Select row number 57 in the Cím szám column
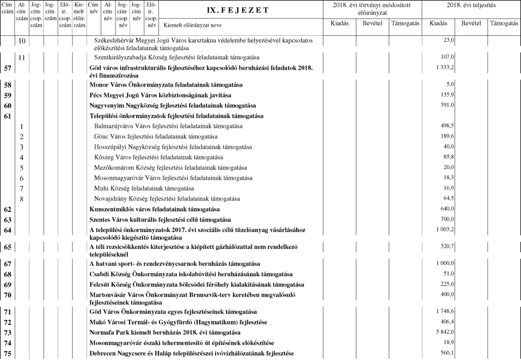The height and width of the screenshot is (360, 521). point(8,68)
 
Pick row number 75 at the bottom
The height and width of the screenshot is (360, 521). point(8,353)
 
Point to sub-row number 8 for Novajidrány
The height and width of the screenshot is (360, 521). point(22,199)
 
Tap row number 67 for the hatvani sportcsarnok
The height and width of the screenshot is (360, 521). point(8,263)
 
